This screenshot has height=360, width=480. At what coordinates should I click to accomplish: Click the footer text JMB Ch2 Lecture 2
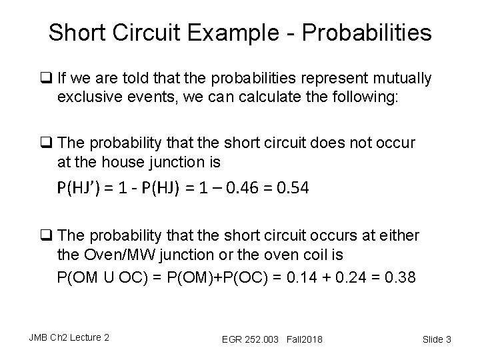[68, 337]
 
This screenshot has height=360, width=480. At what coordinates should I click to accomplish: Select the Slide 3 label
[437, 339]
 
